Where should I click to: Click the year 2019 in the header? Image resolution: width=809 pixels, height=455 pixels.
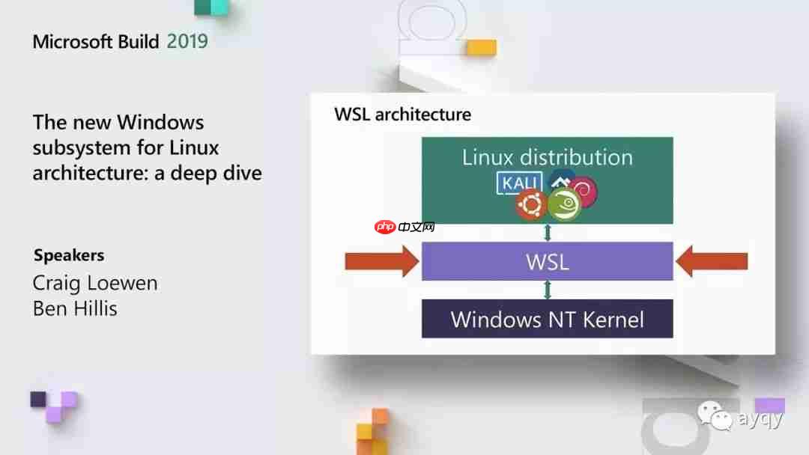pyautogui.click(x=187, y=41)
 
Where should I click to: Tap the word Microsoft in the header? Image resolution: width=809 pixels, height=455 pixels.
pyautogui.click(x=73, y=41)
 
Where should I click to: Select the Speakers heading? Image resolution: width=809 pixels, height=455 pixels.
pyautogui.click(x=69, y=255)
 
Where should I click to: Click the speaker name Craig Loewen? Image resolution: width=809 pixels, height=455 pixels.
pyautogui.click(x=95, y=284)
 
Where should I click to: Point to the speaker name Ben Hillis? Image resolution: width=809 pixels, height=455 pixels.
pyautogui.click(x=75, y=308)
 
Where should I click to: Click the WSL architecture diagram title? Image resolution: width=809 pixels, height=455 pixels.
pyautogui.click(x=402, y=114)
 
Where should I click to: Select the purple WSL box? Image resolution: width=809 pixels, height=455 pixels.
pyautogui.click(x=548, y=261)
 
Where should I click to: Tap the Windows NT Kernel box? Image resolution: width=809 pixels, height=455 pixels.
pyautogui.click(x=548, y=319)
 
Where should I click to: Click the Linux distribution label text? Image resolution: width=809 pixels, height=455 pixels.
pyautogui.click(x=548, y=157)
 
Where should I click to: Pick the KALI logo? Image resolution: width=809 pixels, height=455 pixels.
pyautogui.click(x=520, y=183)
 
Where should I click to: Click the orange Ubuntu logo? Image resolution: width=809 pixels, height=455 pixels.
pyautogui.click(x=531, y=204)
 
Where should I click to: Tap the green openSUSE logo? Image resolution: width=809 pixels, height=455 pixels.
pyautogui.click(x=565, y=204)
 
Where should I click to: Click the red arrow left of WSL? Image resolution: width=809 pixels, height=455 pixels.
pyautogui.click(x=382, y=261)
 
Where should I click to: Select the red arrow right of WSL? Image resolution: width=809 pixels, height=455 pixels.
pyautogui.click(x=712, y=261)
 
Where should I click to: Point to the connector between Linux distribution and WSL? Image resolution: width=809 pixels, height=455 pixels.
pyautogui.click(x=548, y=233)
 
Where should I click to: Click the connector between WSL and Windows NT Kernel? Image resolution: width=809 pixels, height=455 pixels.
pyautogui.click(x=548, y=290)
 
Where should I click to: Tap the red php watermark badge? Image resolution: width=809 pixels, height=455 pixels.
pyautogui.click(x=385, y=227)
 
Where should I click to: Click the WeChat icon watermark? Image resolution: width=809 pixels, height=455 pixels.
pyautogui.click(x=715, y=415)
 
